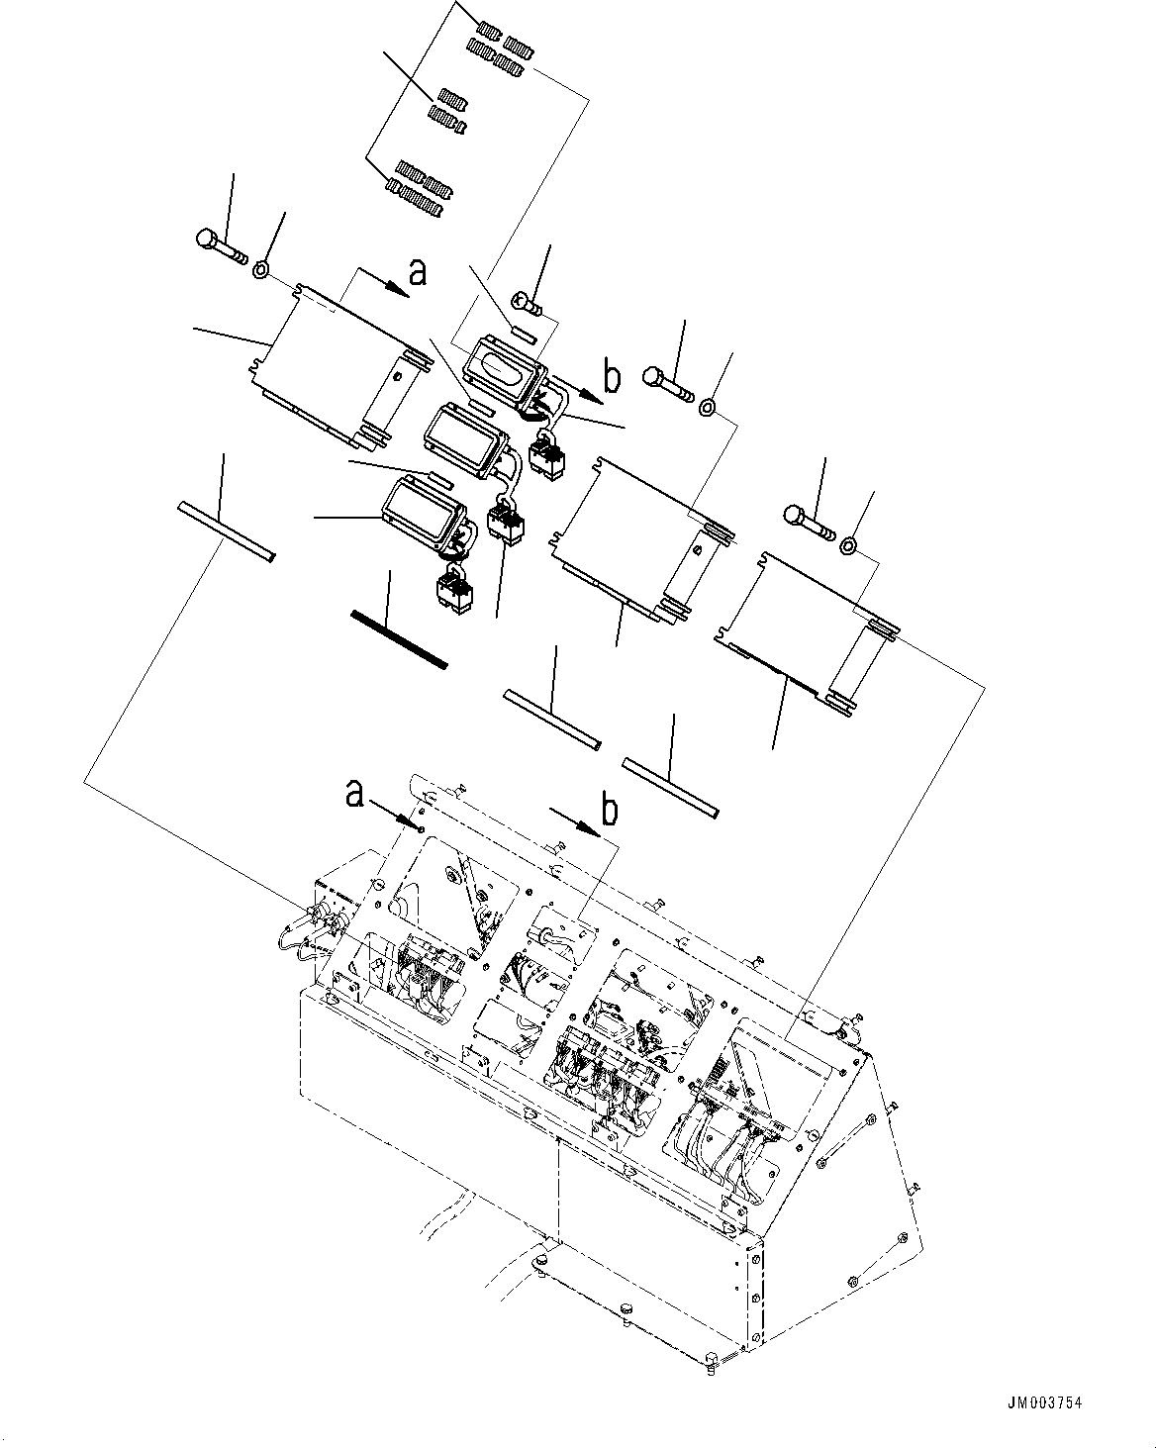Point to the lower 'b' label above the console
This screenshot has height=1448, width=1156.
(610, 809)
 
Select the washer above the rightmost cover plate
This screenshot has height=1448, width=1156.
(848, 545)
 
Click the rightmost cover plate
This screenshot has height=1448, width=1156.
(807, 628)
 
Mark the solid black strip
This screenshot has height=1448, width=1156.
(400, 639)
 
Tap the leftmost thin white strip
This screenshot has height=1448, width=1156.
(225, 532)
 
